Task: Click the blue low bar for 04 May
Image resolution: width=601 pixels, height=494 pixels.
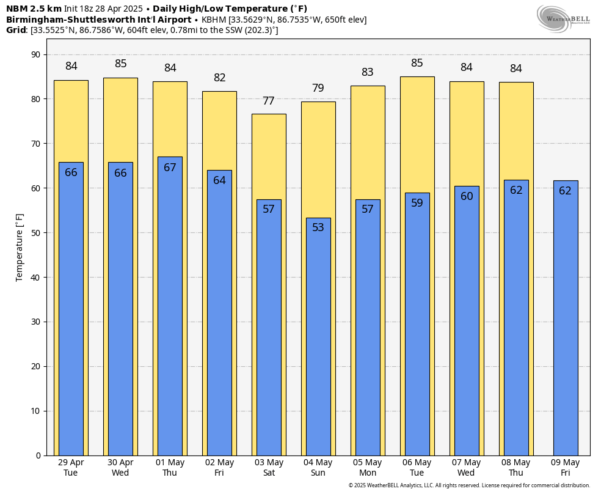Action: point(318,336)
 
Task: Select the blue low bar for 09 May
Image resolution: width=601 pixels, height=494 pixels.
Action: point(566,318)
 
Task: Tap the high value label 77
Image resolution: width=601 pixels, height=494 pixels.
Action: point(269,101)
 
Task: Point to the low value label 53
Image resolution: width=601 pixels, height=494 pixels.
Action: point(318,227)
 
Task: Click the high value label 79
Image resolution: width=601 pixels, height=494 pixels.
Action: point(318,89)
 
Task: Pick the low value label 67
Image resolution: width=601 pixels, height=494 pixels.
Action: point(170,168)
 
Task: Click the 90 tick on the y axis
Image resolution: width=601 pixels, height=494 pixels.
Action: point(35,55)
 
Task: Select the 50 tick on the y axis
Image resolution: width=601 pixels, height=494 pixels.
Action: point(35,233)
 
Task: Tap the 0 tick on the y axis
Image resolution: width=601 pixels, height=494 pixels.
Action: point(38,455)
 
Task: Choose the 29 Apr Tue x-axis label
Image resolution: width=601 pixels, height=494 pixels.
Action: point(71,468)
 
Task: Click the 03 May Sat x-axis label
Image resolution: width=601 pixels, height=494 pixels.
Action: point(269,468)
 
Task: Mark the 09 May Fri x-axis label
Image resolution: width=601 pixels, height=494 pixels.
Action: point(566,468)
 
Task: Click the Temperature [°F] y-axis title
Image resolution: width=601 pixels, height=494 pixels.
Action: point(20,247)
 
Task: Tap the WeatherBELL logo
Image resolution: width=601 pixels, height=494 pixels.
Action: point(563,18)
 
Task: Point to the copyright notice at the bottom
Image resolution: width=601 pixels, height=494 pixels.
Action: point(469,485)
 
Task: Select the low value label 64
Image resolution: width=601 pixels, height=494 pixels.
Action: point(219,181)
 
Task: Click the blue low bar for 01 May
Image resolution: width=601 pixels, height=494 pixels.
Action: point(170,306)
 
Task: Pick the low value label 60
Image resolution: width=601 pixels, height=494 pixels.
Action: point(467,197)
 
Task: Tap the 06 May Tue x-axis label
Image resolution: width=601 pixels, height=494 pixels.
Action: point(417,468)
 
